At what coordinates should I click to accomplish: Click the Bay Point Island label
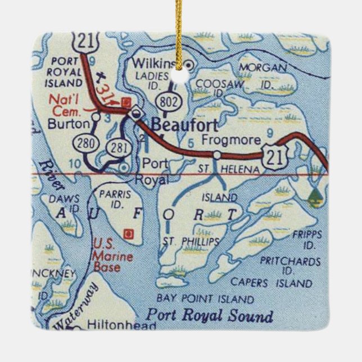pyautogui.click(x=205, y=298)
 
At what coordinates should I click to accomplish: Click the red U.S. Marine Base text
pyautogui.click(x=107, y=255)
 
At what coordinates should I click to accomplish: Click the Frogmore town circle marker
pyautogui.click(x=216, y=154)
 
